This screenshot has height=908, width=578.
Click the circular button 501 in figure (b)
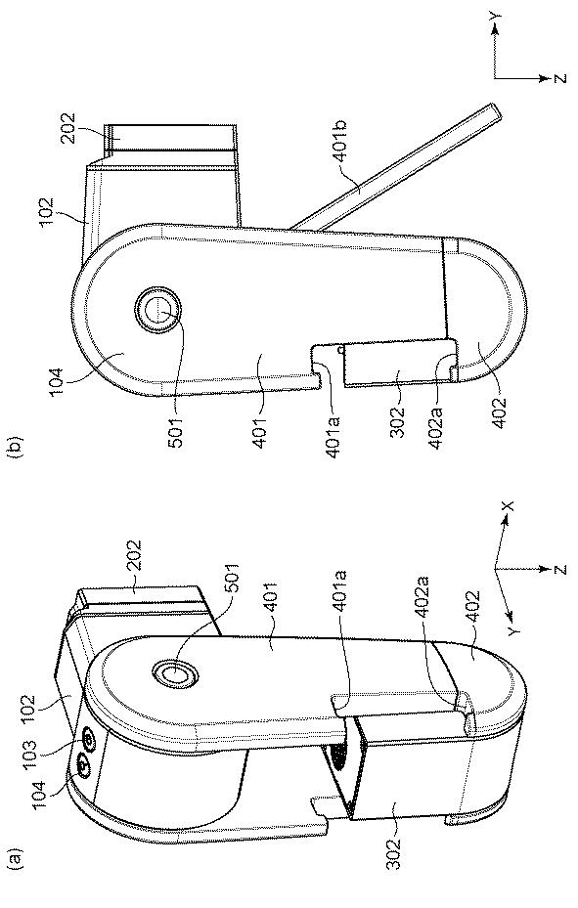pos(156,312)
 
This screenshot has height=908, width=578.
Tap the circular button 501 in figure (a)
pos(175,672)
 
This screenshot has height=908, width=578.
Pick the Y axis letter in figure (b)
pos(495,19)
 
